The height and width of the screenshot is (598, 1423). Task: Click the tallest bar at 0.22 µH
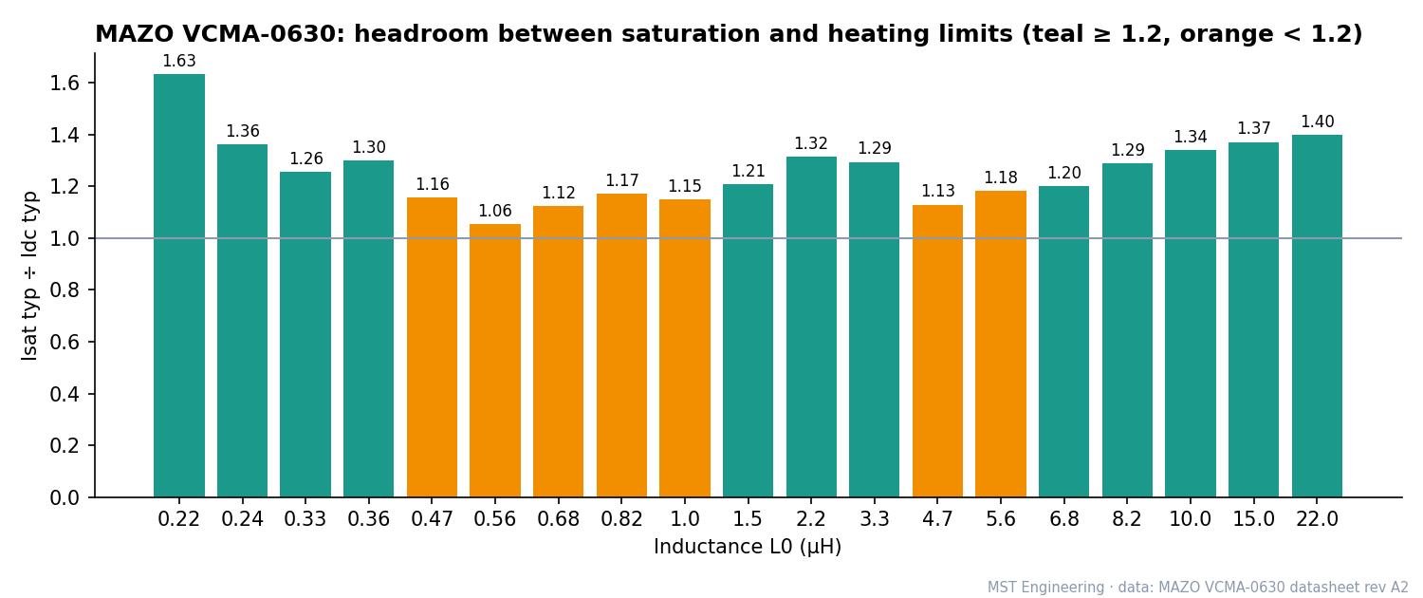pyautogui.click(x=179, y=286)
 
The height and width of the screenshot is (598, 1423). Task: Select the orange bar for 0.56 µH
pyautogui.click(x=495, y=361)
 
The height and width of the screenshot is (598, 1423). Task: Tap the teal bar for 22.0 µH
pyautogui.click(x=1317, y=316)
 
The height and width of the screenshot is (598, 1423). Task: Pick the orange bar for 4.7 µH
pyautogui.click(x=937, y=351)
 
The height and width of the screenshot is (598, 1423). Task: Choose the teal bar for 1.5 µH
pyautogui.click(x=748, y=341)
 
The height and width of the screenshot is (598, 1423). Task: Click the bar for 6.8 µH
pyautogui.click(x=1064, y=342)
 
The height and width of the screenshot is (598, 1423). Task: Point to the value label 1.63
pyautogui.click(x=179, y=61)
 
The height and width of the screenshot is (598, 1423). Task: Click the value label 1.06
pyautogui.click(x=495, y=211)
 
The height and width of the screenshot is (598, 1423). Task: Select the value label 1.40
pyautogui.click(x=1317, y=121)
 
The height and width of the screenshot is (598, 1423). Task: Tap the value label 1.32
pyautogui.click(x=811, y=143)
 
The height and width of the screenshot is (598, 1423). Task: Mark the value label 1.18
pyautogui.click(x=1001, y=178)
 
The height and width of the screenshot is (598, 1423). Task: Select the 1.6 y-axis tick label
pyautogui.click(x=65, y=84)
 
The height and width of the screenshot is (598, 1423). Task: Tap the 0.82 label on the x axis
pyautogui.click(x=621, y=519)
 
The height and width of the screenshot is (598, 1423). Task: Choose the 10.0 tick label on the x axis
pyautogui.click(x=1190, y=519)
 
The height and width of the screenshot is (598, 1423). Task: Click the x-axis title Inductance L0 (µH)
pyautogui.click(x=748, y=547)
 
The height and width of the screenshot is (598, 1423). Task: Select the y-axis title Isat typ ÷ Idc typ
pyautogui.click(x=29, y=276)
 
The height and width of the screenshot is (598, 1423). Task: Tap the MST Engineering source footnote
pyautogui.click(x=1197, y=588)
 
